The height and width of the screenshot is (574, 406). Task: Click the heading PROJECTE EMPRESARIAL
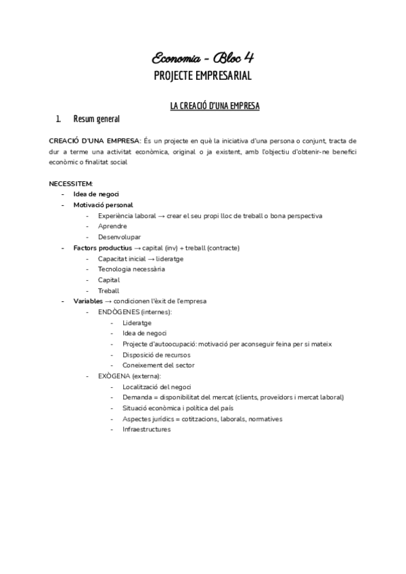(202, 76)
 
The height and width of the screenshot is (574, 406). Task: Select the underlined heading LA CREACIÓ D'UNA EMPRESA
(213, 106)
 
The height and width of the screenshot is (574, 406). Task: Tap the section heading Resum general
(96, 119)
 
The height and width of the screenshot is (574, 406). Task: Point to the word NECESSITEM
(71, 183)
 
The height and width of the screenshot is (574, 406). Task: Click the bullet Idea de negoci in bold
(96, 194)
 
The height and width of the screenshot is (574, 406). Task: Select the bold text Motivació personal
(103, 204)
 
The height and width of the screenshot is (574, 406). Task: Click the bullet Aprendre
(113, 226)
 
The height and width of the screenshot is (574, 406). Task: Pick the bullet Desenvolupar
(119, 237)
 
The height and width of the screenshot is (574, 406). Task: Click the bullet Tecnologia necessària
(131, 269)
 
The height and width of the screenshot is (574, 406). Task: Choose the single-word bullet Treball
(108, 290)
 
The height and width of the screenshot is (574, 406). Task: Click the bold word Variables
(88, 301)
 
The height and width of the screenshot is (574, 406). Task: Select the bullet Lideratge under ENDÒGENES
(137, 323)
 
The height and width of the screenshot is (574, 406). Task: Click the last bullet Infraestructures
(146, 429)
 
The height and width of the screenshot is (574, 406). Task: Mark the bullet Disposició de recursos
(156, 355)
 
